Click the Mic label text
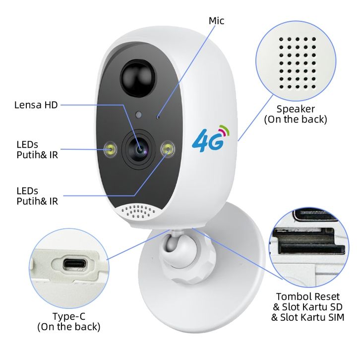216,20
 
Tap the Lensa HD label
36,105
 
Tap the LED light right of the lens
169,148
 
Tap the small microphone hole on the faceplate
158,117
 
